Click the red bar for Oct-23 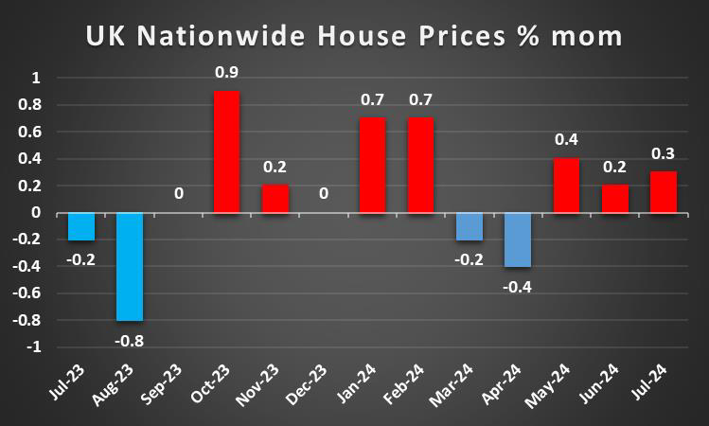pos(226,152)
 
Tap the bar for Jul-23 pos(81,227)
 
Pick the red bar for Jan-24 pos(372,166)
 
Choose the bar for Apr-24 pos(517,240)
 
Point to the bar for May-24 pos(566,186)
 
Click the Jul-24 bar pos(663,192)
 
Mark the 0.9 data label pos(226,71)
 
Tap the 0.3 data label pos(663,153)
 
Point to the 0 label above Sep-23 pos(178,194)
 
